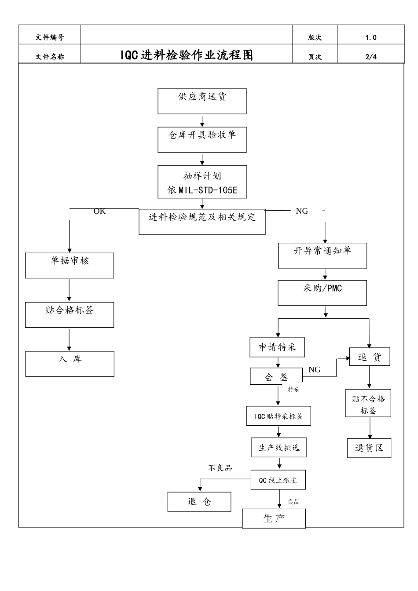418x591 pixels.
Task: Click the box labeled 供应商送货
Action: (202, 101)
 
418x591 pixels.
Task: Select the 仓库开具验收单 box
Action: (202, 139)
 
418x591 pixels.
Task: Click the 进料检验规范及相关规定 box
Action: (202, 221)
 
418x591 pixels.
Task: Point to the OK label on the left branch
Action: (100, 211)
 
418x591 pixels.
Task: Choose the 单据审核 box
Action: (70, 265)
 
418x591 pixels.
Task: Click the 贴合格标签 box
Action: (70, 314)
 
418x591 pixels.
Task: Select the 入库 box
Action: (70, 363)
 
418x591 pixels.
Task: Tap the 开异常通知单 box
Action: (323, 255)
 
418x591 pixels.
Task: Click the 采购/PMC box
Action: (322, 293)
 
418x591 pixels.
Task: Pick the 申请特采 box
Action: (277, 347)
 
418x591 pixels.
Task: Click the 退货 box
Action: (370, 357)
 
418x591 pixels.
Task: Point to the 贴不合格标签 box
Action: (368, 404)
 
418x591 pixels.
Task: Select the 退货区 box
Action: (369, 448)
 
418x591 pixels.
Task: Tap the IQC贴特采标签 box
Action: (279, 416)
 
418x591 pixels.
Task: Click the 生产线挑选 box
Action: (279, 448)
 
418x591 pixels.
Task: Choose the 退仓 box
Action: (199, 502)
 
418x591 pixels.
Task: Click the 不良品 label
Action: (220, 468)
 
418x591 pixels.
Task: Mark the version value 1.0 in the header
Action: (371, 38)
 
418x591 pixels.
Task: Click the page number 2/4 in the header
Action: (371, 56)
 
